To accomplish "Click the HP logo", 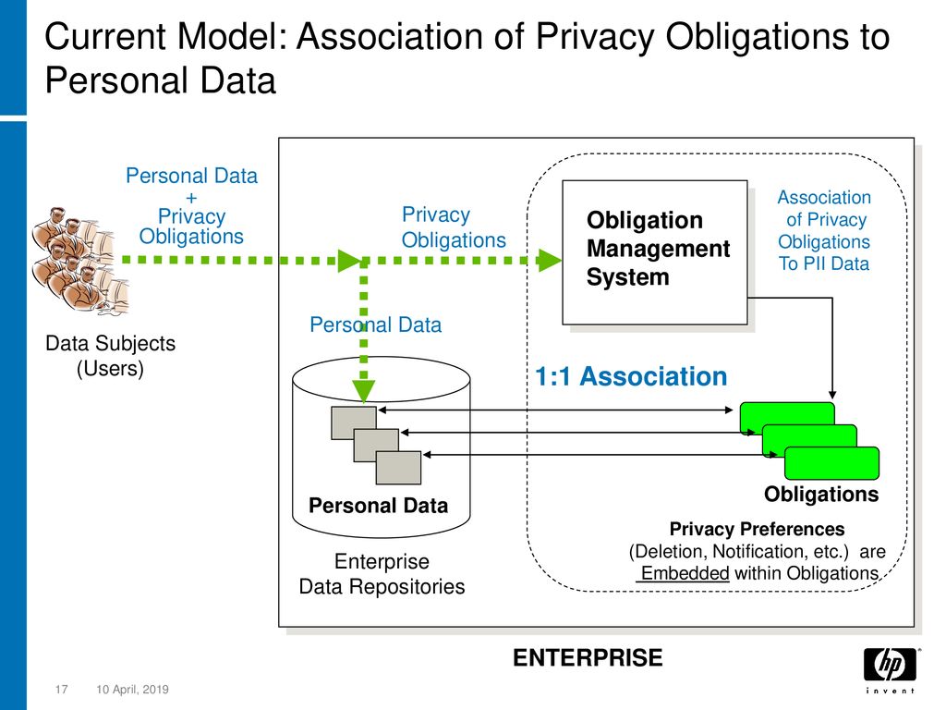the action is click(890, 670).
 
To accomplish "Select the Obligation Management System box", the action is click(655, 252).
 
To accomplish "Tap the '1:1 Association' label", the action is click(631, 376).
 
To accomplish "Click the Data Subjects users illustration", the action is click(81, 260).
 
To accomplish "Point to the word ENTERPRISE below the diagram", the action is click(588, 657).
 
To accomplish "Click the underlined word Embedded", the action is click(685, 573).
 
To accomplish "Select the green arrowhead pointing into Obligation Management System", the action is click(549, 260).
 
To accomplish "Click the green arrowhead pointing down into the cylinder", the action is click(364, 391).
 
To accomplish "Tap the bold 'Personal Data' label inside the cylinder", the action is click(378, 506).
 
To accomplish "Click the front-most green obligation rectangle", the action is click(831, 463).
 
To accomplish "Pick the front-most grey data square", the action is click(398, 467).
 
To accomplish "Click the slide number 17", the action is click(62, 689).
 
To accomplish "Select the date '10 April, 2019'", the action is click(133, 689).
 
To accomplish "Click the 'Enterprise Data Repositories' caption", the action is click(382, 573).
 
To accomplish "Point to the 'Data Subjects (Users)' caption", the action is click(111, 356).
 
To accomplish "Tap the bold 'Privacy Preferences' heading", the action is click(758, 529).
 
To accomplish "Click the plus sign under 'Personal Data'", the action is click(191, 198).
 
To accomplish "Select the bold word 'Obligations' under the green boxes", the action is click(821, 494).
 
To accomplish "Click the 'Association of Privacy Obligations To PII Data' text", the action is click(824, 230).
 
